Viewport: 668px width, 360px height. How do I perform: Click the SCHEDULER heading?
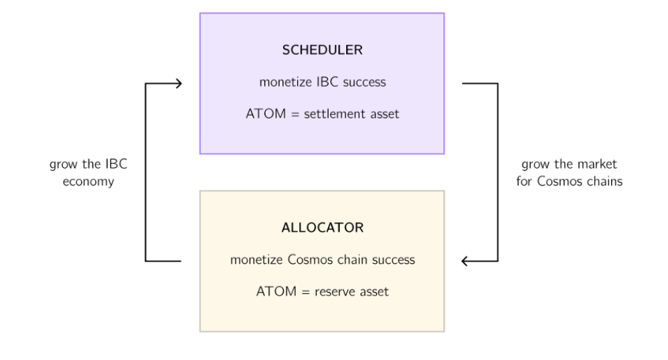(x=323, y=50)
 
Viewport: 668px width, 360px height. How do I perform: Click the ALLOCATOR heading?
(x=323, y=228)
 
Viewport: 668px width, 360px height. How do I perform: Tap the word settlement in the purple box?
(x=335, y=114)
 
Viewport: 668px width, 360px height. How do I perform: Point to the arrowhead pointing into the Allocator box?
(x=465, y=261)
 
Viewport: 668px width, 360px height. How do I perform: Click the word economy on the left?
(x=88, y=182)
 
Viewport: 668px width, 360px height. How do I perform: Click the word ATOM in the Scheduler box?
(x=266, y=114)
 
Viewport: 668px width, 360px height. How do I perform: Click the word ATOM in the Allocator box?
(x=276, y=291)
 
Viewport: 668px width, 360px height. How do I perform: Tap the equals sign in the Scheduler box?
(x=295, y=114)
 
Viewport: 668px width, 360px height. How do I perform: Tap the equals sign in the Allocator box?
(x=305, y=292)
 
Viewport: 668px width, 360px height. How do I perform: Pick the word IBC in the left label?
(x=116, y=164)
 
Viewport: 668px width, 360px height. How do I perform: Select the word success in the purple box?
(x=364, y=82)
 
